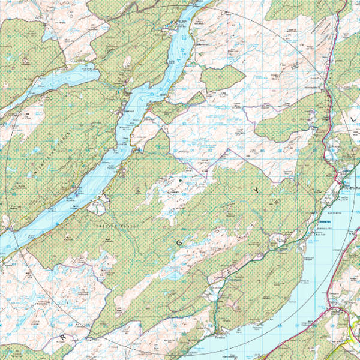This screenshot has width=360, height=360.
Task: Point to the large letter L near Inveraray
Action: (x=352, y=121)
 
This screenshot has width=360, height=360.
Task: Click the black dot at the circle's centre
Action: (x=179, y=180)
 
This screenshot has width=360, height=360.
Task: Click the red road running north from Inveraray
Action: (x=327, y=90)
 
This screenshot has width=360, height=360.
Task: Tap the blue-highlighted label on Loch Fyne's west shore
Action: (x=327, y=222)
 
